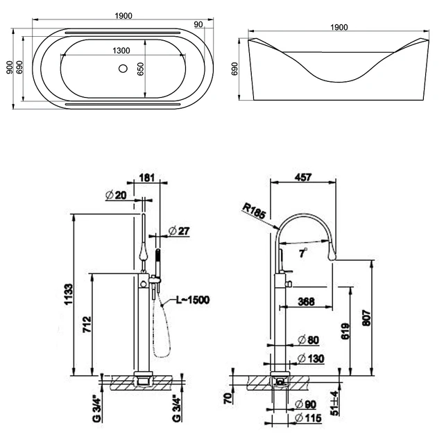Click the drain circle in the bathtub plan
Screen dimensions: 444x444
[123, 68]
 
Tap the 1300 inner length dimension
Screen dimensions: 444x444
[121, 51]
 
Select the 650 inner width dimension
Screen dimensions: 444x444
[140, 69]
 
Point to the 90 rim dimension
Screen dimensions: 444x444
[198, 25]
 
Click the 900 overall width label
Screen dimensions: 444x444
[10, 67]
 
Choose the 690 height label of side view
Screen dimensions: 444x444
[234, 69]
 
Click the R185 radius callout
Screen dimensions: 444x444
[254, 211]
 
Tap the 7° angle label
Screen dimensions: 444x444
[303, 253]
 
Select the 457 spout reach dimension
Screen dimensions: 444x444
[303, 178]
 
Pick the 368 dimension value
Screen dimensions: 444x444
[306, 302]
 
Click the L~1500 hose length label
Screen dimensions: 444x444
[193, 300]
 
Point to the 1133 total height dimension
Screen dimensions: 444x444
[69, 294]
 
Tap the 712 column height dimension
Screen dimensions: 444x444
[87, 325]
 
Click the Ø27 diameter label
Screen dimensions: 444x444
[179, 231]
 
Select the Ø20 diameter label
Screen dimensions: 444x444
[116, 195]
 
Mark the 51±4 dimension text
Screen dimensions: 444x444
[334, 404]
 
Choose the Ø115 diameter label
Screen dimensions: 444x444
[308, 418]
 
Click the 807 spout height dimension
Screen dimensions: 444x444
[367, 318]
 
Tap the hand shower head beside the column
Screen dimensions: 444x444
[158, 255]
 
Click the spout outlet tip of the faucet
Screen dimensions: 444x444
[332, 257]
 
